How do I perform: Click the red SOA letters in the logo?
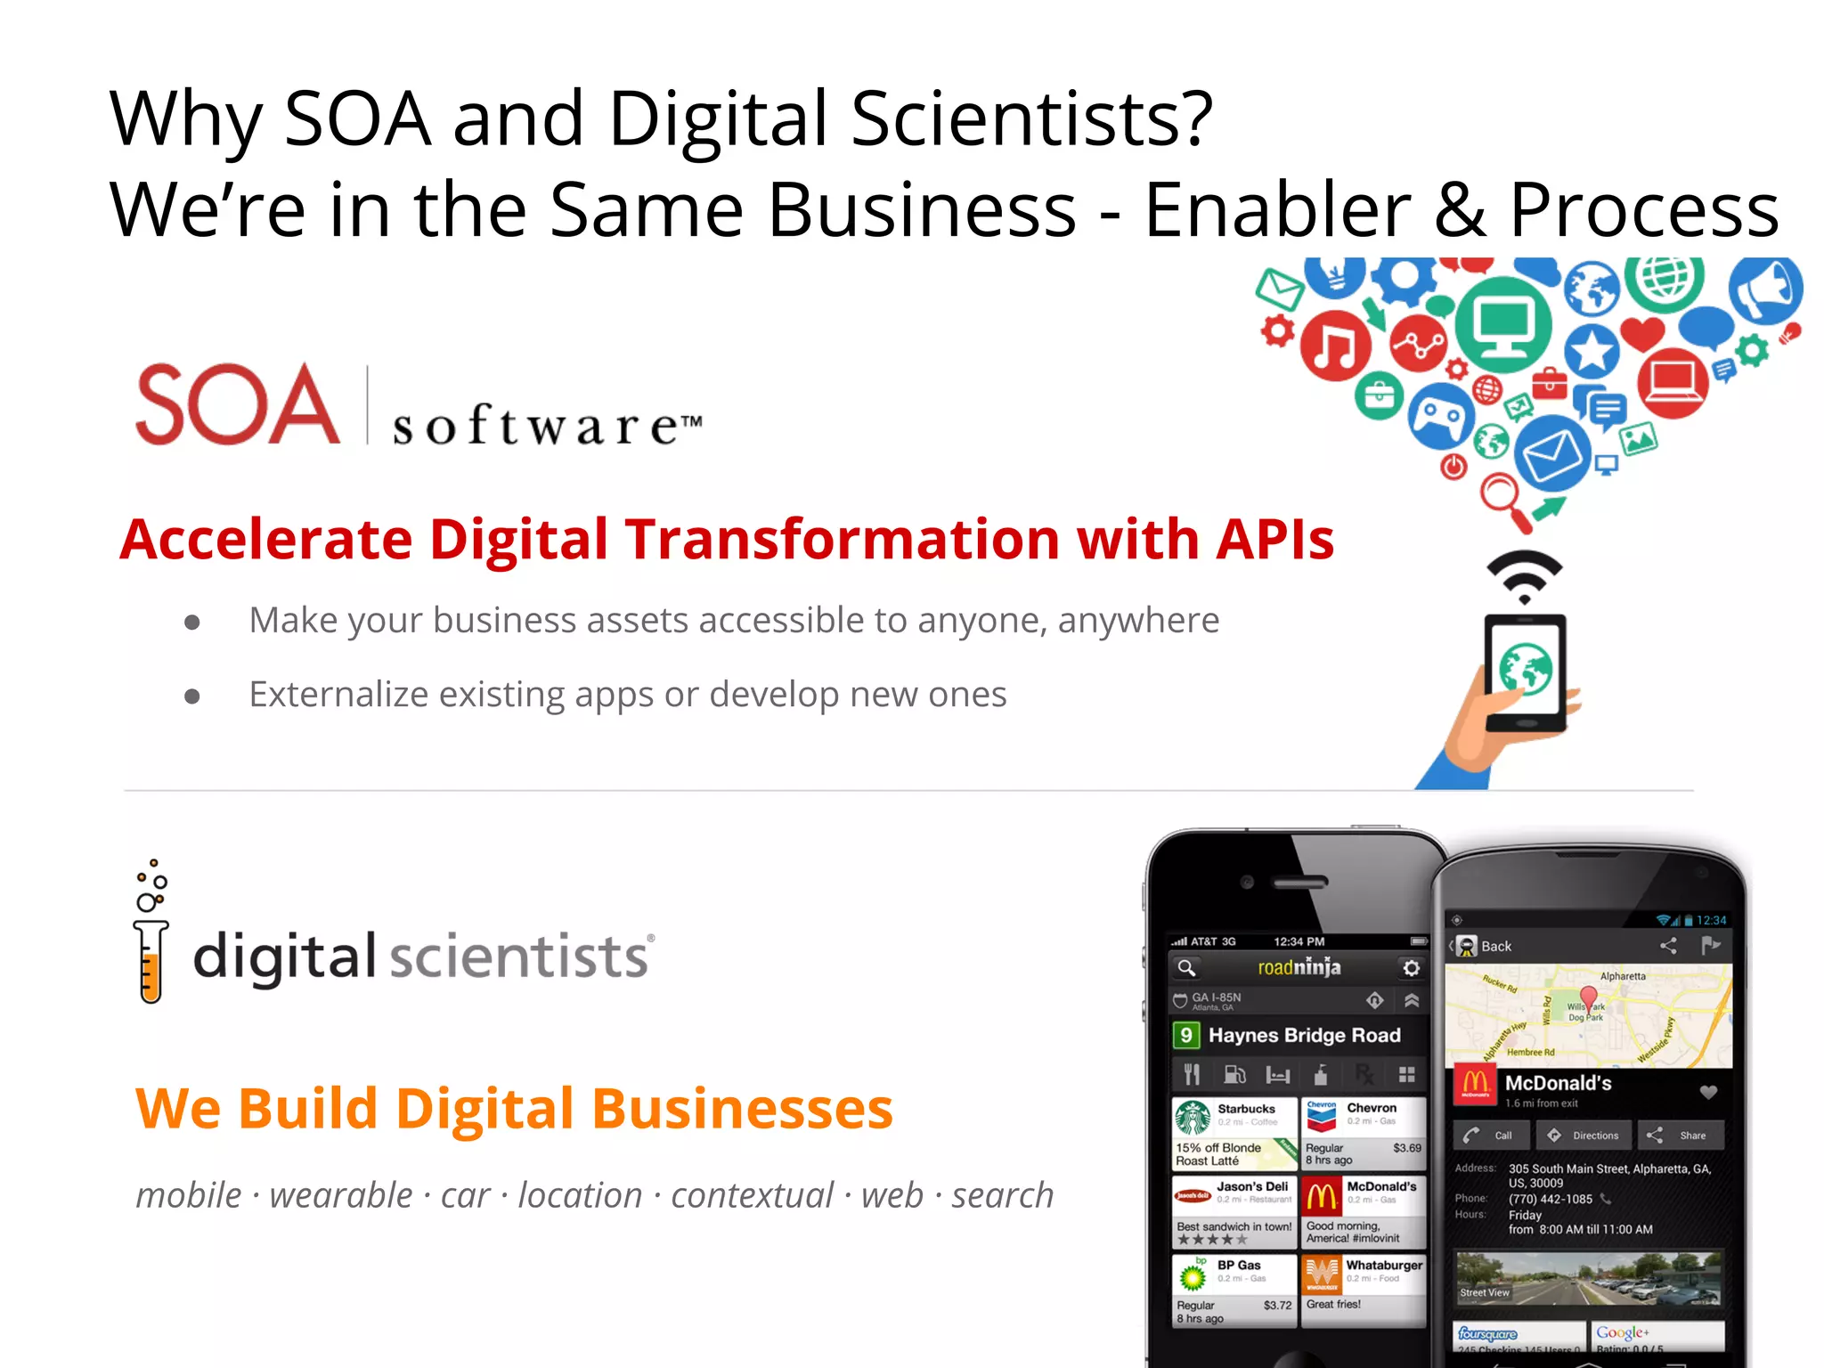pos(237,405)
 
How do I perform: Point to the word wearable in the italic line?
pos(341,1195)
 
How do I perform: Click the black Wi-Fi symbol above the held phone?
pos(1524,575)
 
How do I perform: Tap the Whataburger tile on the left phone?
pos(1363,1289)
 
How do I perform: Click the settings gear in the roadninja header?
pos(1411,968)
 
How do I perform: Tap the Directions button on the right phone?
pos(1584,1136)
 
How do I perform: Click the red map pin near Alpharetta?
pos(1588,997)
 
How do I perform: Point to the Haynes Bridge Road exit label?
pos(1303,1035)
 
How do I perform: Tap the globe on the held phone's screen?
pos(1525,670)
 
